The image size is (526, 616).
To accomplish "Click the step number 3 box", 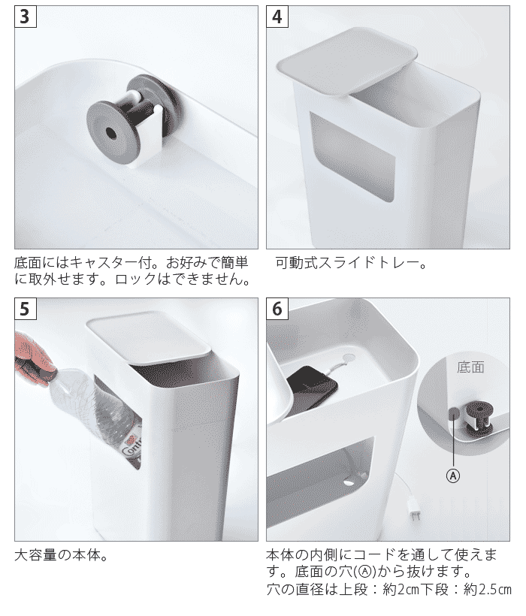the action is coord(25,17).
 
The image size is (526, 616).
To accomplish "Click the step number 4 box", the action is coord(277,17).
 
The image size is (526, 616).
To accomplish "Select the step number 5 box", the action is coord(25,309).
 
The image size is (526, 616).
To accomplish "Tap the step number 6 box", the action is coord(277,309).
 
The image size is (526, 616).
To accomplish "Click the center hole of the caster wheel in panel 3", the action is coord(111,134).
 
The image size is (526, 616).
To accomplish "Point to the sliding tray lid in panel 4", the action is coord(346,61).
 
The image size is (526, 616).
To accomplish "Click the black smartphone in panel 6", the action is coord(313,388).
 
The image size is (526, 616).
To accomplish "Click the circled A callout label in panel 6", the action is coord(453,476).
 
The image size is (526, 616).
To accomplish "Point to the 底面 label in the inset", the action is coord(470,367).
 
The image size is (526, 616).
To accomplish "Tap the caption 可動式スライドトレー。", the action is coord(351,263).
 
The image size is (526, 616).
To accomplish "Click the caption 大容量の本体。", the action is coord(61,556).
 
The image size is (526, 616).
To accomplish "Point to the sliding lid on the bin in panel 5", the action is coord(149,339).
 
